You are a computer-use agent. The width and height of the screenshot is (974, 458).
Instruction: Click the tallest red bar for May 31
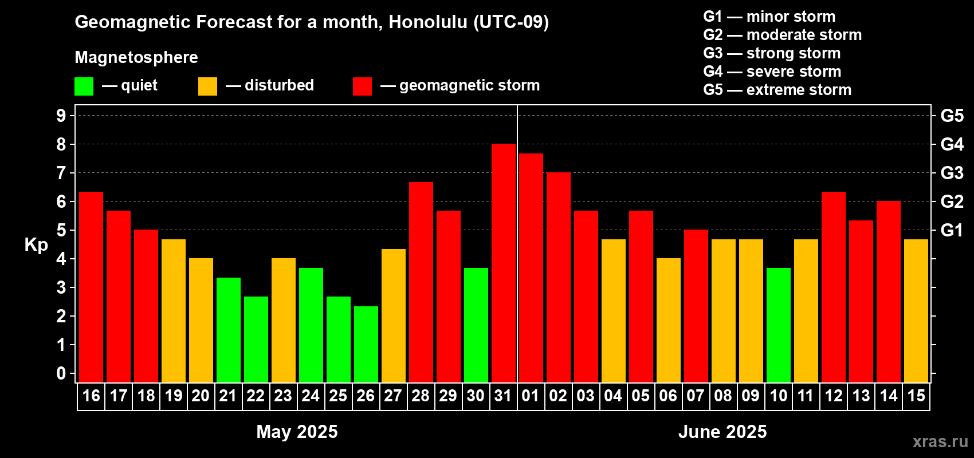coord(504,263)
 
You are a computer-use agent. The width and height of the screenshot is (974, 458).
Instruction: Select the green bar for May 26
coord(366,344)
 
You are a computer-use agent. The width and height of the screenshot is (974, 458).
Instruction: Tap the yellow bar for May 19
coord(174,311)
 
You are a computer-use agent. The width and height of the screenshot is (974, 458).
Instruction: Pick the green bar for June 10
coord(778,325)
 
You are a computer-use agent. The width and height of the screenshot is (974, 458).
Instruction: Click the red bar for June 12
coord(834,287)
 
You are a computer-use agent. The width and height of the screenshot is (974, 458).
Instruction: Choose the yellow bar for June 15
coord(916,311)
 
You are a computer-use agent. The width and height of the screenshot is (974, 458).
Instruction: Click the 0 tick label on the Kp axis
coord(61,373)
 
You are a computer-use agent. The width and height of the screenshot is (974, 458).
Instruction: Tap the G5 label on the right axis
coord(952,116)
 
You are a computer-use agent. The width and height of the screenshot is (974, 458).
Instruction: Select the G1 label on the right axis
coord(952,230)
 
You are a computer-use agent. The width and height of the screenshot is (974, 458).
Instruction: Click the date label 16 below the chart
coord(91,396)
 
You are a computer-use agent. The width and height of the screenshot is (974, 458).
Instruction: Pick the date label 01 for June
coord(531,396)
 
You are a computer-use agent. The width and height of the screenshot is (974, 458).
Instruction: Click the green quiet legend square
coord(84,86)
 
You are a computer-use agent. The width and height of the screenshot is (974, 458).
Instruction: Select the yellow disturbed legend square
coord(207,86)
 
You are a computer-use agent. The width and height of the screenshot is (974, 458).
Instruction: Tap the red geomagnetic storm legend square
coord(363,86)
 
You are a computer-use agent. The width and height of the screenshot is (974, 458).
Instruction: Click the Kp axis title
coord(36,245)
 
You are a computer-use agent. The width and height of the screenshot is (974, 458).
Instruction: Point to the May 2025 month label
coord(297,432)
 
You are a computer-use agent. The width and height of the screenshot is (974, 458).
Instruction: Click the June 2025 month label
coord(722,432)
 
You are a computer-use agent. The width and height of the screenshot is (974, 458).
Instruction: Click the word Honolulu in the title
coord(428,22)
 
